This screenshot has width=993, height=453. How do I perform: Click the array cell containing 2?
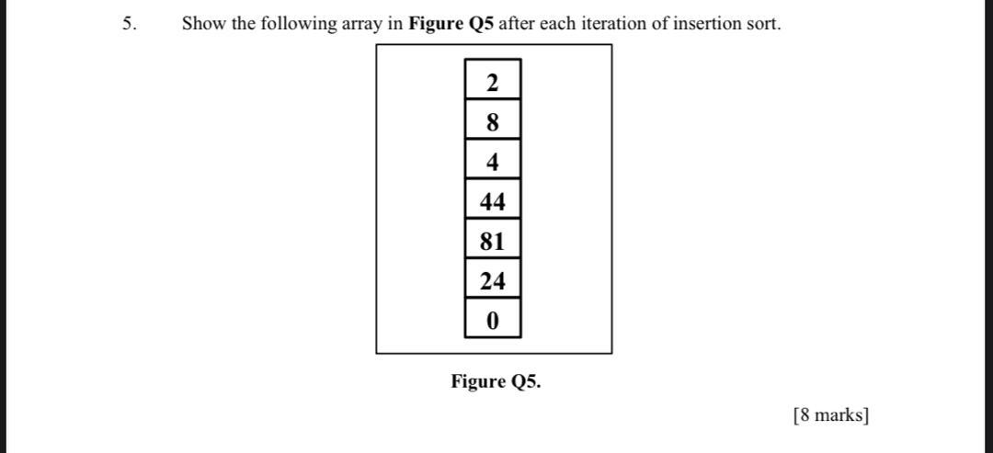click(x=493, y=83)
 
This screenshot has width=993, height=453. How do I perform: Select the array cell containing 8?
click(x=493, y=122)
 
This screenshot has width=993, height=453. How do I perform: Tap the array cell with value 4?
click(x=493, y=163)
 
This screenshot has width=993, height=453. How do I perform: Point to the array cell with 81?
click(x=493, y=242)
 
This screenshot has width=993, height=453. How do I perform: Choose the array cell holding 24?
click(x=493, y=281)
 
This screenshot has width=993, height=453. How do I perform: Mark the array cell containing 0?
click(x=493, y=321)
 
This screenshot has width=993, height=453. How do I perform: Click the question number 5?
click(x=130, y=24)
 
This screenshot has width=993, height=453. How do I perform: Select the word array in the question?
click(x=362, y=25)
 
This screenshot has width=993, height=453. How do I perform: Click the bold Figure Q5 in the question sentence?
click(x=451, y=24)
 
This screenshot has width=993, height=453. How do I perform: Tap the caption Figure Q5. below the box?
click(x=496, y=381)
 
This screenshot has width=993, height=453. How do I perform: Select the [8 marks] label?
click(x=829, y=415)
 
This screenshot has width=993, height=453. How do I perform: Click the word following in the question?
click(x=299, y=25)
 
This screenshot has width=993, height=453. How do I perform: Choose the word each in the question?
click(x=557, y=24)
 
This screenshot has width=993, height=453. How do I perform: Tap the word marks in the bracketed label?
click(x=838, y=415)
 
